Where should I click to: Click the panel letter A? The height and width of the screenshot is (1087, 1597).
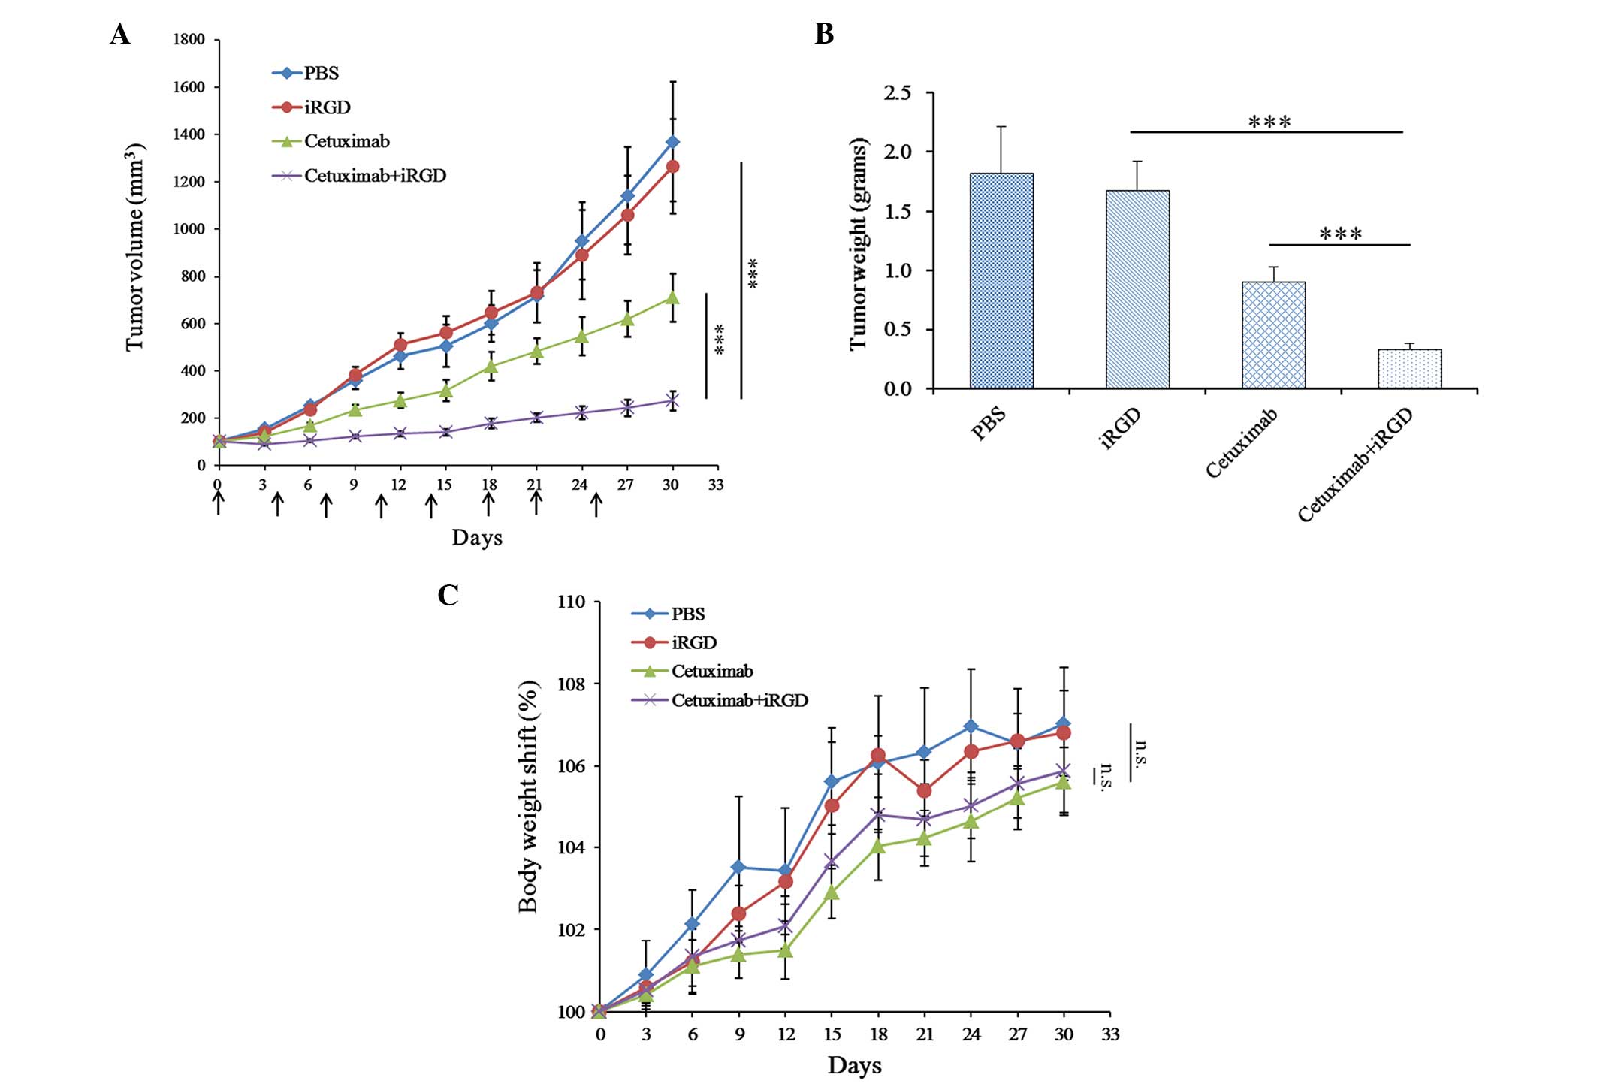[120, 35]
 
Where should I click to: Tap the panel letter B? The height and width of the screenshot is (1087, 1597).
[824, 35]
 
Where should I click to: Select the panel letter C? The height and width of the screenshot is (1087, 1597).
[448, 595]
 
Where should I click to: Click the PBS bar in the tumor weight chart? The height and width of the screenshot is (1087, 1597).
[1001, 281]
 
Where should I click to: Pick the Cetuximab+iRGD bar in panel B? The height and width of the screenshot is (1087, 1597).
[1409, 369]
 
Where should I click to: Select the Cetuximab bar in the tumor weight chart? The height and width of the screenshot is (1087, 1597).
[1273, 335]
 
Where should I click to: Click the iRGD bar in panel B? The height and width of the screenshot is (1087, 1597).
[1137, 289]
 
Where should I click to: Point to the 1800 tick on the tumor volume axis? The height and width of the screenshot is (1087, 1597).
[189, 40]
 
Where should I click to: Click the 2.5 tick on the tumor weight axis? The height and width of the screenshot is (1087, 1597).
[897, 93]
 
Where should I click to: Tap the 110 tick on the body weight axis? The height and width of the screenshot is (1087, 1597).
[571, 602]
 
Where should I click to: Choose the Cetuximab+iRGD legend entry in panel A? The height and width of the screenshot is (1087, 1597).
[374, 176]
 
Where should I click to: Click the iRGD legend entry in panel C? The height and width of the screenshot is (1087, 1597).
[693, 643]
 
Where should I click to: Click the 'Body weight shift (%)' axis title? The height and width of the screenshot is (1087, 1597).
[529, 796]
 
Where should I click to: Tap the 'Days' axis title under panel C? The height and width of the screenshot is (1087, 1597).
[855, 1065]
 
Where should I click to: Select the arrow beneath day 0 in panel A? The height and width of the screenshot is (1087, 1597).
[219, 503]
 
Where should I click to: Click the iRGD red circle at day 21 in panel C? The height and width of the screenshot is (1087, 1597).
[925, 791]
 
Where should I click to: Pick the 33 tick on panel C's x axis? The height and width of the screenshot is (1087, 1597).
[1110, 1035]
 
